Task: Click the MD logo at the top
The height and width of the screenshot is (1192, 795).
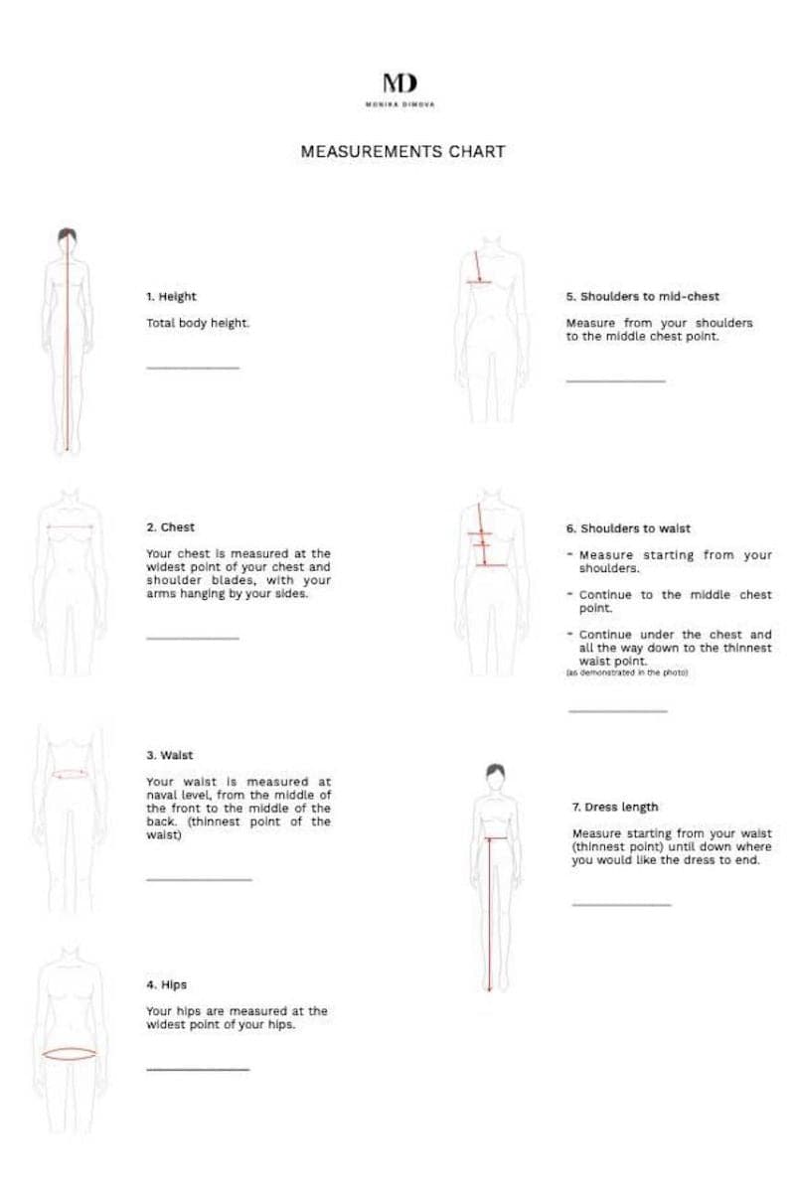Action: click(x=399, y=83)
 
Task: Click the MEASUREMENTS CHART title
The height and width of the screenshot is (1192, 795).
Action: click(x=402, y=152)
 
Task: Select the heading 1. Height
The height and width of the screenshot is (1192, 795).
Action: click(x=171, y=296)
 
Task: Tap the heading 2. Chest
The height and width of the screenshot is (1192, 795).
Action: click(x=170, y=527)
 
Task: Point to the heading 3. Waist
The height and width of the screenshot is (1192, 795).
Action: click(x=169, y=755)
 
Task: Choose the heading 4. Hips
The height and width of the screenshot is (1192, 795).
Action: click(x=166, y=985)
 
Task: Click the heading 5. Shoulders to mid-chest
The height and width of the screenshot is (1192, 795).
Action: click(x=642, y=296)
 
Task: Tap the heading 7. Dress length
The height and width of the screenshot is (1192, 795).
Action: click(x=614, y=807)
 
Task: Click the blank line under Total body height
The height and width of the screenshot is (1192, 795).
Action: click(x=193, y=369)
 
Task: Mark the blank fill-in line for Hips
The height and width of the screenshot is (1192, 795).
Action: click(x=198, y=1070)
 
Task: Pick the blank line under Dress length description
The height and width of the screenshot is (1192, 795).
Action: click(x=621, y=905)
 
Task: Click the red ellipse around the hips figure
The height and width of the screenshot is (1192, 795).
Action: click(x=69, y=1054)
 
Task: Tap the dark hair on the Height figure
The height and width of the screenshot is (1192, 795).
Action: click(x=67, y=236)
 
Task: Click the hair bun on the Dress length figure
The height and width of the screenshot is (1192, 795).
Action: click(x=494, y=771)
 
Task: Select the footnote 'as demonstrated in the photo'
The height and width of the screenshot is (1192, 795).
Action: click(x=626, y=672)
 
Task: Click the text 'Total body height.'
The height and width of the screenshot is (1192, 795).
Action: click(x=198, y=323)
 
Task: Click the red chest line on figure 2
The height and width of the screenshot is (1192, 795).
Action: click(x=70, y=527)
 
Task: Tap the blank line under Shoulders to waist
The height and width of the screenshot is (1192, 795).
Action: click(x=617, y=711)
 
